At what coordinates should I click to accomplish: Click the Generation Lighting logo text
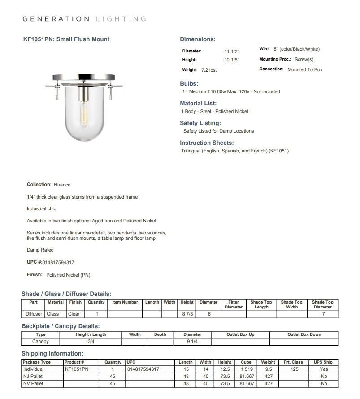pos(84,19)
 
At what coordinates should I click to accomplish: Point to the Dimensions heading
pos(198,39)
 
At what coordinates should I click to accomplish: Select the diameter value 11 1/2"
pos(232,52)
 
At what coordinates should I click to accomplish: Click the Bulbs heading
pos(189,83)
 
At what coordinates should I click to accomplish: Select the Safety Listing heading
pos(200,123)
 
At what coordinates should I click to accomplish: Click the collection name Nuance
pos(62,185)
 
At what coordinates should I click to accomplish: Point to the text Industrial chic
pos(42,209)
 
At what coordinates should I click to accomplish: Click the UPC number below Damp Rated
pos(58,262)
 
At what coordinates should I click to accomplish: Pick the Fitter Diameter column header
pos(234,304)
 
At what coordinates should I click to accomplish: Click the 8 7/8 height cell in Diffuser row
pos(187,314)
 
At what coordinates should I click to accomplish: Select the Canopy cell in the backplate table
pos(41,341)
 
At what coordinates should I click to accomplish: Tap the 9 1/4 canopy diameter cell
pos(192,341)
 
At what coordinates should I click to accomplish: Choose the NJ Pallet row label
pos(33,376)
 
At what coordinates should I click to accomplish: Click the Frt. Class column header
pos(294,362)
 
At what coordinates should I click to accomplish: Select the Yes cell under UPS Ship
pos(324,369)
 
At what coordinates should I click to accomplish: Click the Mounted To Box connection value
pos(305,70)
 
